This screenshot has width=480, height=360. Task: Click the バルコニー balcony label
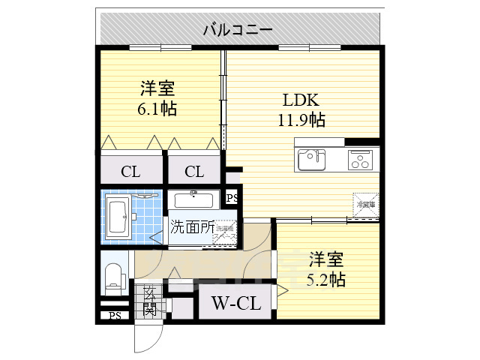(x=236, y=30)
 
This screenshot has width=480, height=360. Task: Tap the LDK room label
(x=301, y=100)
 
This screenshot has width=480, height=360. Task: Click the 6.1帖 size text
(x=157, y=109)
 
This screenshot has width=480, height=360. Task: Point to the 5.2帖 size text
(x=325, y=279)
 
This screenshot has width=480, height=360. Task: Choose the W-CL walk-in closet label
(x=235, y=304)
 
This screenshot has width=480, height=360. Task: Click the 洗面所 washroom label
(x=191, y=226)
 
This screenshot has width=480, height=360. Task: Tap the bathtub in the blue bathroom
(x=118, y=217)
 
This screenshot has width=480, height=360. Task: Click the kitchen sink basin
(x=311, y=160)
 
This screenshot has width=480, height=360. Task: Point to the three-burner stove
(x=361, y=160)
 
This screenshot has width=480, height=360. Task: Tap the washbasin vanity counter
(x=193, y=200)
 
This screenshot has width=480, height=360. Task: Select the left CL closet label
(x=130, y=172)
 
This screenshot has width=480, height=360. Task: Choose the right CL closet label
(x=194, y=172)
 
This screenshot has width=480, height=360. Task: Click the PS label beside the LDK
(x=232, y=199)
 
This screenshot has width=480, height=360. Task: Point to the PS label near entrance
(x=113, y=316)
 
